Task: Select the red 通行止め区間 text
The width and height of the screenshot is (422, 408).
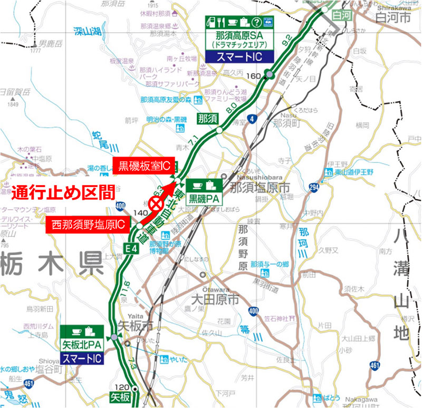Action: pyautogui.click(x=63, y=192)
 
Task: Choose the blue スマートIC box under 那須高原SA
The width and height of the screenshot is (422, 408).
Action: pyautogui.click(x=241, y=56)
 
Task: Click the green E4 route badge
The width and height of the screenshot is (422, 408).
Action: pyautogui.click(x=131, y=248)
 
